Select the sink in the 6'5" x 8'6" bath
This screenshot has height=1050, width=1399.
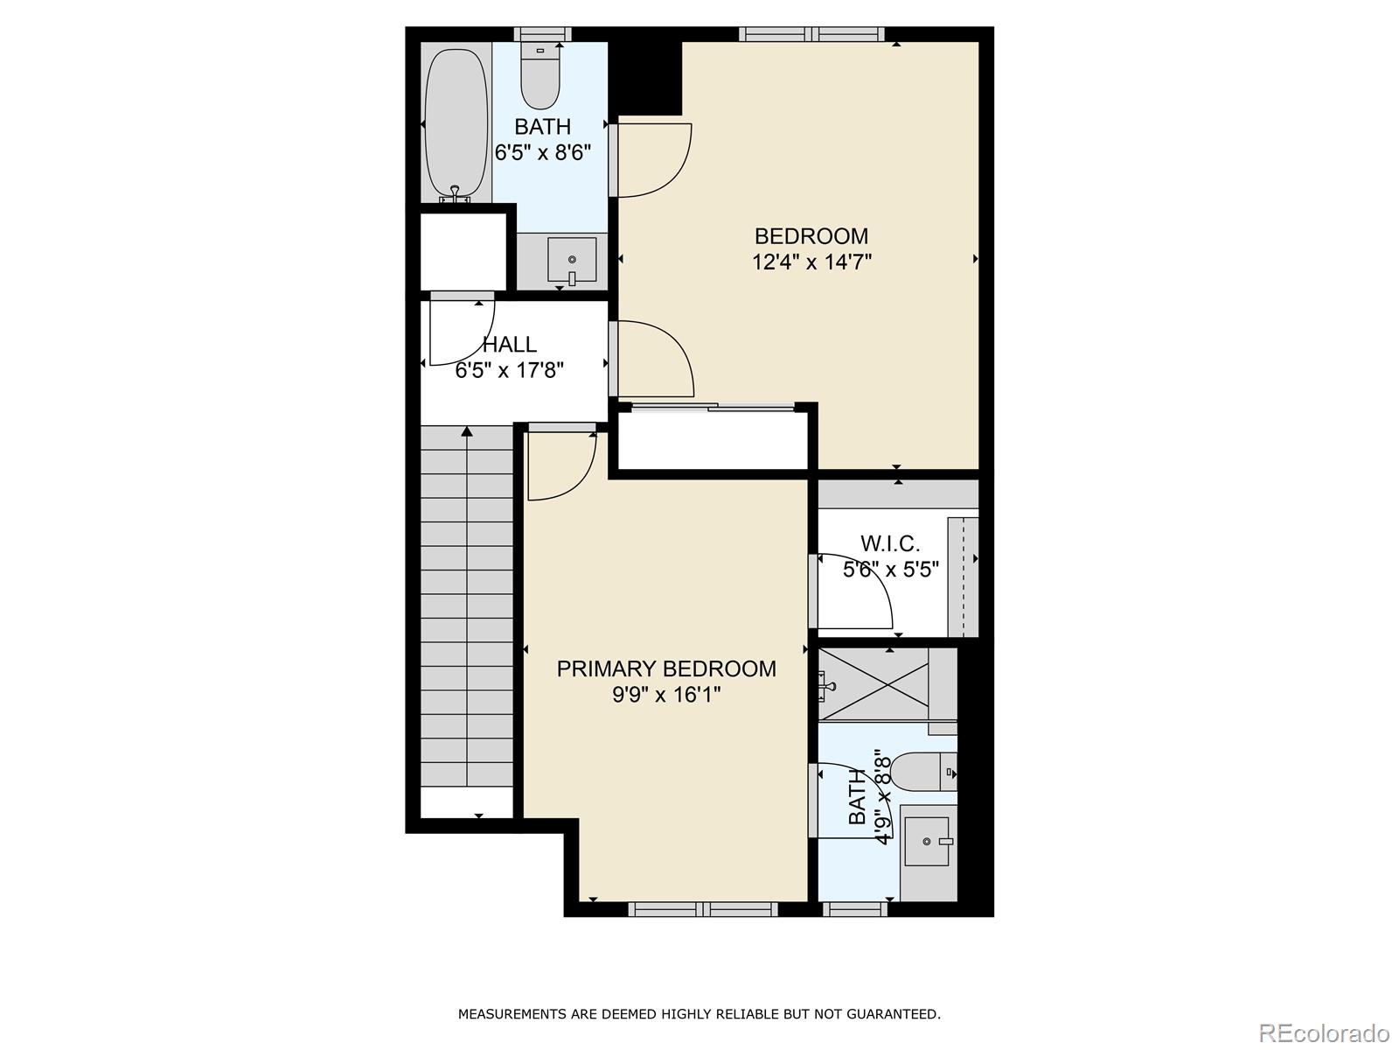pos(572,261)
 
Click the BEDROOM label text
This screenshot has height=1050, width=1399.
pos(811,236)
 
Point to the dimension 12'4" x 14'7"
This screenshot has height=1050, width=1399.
pos(811,262)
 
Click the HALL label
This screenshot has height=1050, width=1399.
pos(510,345)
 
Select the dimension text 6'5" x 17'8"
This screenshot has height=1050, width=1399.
pos(510,371)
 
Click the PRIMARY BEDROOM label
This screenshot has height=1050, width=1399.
pos(666,669)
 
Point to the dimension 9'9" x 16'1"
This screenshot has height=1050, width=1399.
pos(666,696)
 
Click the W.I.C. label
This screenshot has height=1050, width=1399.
pos(890,544)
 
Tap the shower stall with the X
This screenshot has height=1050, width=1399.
pos(874,683)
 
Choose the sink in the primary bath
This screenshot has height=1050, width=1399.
pos(927,841)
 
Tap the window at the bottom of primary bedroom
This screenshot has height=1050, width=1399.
pos(703,909)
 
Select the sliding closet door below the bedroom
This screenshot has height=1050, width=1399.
pos(713,407)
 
